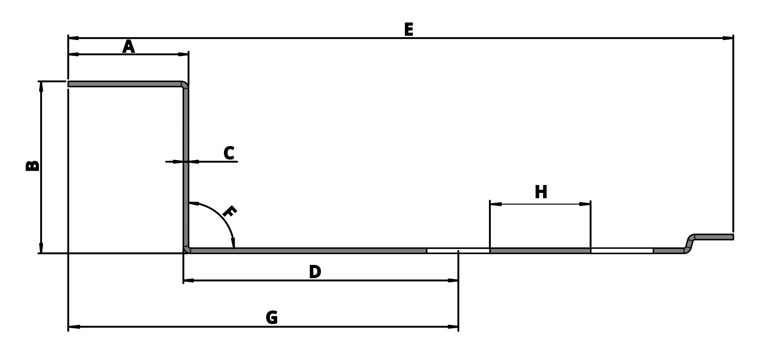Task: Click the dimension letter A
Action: coord(129,47)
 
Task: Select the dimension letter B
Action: coord(33,166)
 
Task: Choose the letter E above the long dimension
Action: coord(409,30)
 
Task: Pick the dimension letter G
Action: coord(272,318)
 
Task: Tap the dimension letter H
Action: coord(541,192)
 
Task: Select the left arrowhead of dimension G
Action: coord(74,327)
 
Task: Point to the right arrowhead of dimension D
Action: coord(453,280)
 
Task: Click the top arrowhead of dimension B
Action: coord(41,86)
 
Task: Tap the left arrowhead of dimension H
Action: coord(496,204)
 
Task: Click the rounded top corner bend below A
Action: coord(185,84)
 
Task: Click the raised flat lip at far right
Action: coord(714,237)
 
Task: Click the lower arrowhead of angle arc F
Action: coord(233,243)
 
